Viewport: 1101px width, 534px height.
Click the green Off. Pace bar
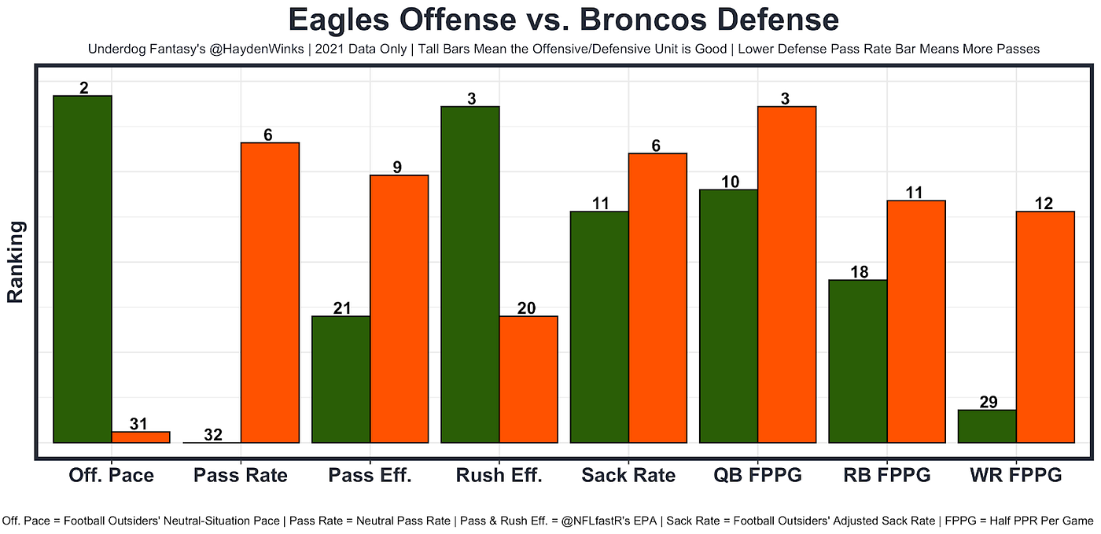click(x=83, y=270)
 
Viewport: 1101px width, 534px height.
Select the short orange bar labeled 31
click(x=141, y=437)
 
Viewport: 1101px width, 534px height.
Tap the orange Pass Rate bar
click(x=270, y=293)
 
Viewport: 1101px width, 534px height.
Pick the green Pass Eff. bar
click(x=341, y=380)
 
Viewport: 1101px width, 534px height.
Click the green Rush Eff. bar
click(x=470, y=275)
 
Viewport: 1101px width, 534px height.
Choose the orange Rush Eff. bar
click(x=528, y=380)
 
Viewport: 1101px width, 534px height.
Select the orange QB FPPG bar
click(x=787, y=275)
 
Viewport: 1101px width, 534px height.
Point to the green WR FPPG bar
click(x=988, y=426)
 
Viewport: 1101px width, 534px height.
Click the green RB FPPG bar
click(x=858, y=362)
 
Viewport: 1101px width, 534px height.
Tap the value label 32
click(x=213, y=435)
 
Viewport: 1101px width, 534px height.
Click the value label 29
click(x=989, y=402)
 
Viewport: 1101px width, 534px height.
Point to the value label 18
click(x=859, y=272)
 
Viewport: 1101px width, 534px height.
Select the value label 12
click(x=1044, y=204)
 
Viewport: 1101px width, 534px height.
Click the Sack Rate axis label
click(x=628, y=476)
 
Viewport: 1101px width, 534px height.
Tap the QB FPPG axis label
click(x=757, y=476)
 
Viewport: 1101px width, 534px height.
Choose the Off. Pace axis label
click(x=111, y=476)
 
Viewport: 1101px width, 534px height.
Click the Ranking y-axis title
click(x=15, y=262)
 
